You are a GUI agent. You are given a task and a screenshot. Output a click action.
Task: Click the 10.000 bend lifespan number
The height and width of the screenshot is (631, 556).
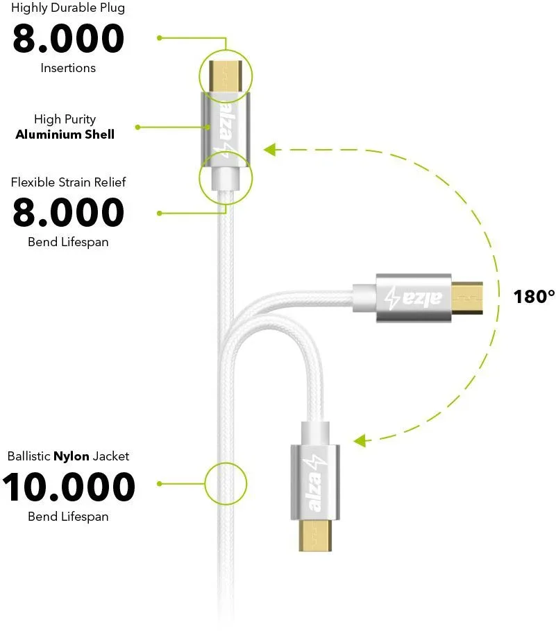coord(69,487)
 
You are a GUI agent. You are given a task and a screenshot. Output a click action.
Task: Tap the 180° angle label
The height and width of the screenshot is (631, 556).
coord(534,297)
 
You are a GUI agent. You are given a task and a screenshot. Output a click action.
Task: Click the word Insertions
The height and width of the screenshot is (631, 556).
coord(68,68)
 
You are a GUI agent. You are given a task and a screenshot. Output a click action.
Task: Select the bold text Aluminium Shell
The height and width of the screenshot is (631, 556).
coord(65,134)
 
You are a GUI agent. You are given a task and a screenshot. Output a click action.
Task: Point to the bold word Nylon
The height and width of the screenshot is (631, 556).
coord(71,456)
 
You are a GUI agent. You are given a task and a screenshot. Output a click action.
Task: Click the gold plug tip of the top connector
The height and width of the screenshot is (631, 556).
coord(226,76)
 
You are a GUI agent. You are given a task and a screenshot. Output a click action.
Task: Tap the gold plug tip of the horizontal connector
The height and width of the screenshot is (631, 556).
coord(467,297)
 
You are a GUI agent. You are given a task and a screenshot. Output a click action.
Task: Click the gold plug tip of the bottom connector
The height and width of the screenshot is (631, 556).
coord(315,535)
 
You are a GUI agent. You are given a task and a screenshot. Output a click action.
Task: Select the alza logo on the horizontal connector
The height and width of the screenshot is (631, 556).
coord(412,298)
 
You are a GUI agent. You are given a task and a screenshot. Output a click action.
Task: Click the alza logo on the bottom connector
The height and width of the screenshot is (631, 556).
coord(317,483)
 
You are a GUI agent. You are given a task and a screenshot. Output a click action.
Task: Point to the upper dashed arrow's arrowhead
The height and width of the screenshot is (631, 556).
coord(270,150)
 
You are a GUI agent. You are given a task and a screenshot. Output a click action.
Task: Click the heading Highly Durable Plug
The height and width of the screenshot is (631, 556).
coord(68,8)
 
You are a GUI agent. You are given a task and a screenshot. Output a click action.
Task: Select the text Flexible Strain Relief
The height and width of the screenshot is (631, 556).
coord(68,182)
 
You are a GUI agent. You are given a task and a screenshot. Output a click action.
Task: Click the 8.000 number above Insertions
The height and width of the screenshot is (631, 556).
coord(69,39)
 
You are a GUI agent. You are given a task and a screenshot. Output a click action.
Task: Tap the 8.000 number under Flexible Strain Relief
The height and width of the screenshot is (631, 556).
coord(69,212)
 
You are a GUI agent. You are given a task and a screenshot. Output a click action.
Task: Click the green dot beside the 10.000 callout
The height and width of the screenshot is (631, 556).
coord(160,483)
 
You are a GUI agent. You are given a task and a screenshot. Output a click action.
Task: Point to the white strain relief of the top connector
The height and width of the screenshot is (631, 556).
coord(226,178)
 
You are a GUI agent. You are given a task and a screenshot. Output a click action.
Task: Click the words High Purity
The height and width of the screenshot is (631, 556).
coord(65,119)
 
